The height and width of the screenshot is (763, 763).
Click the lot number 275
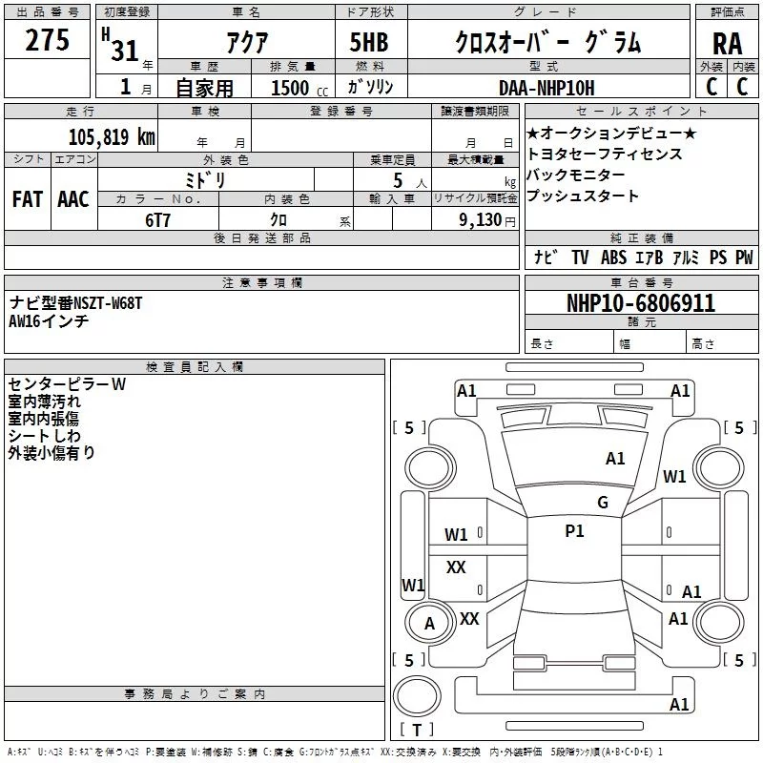pos(47,40)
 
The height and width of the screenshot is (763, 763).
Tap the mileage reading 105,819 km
pos(112,136)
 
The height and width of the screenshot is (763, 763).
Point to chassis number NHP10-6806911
pos(640,303)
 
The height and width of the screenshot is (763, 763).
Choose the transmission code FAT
pos(28,199)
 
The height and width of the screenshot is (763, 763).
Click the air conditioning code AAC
pos(72,199)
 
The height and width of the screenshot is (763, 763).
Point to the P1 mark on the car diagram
pos(574,531)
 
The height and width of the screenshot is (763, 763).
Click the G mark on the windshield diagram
pos(602,503)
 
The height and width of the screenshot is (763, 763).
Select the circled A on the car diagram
pos(429,624)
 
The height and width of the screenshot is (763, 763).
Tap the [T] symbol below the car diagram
pos(417,731)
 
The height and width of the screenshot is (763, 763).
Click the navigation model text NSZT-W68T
pos(108,303)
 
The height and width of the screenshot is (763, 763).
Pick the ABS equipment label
pos(614,258)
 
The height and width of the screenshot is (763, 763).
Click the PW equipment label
pos(744,258)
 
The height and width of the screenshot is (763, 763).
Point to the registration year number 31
pos(125,50)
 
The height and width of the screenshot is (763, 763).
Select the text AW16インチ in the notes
pos(49,321)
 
